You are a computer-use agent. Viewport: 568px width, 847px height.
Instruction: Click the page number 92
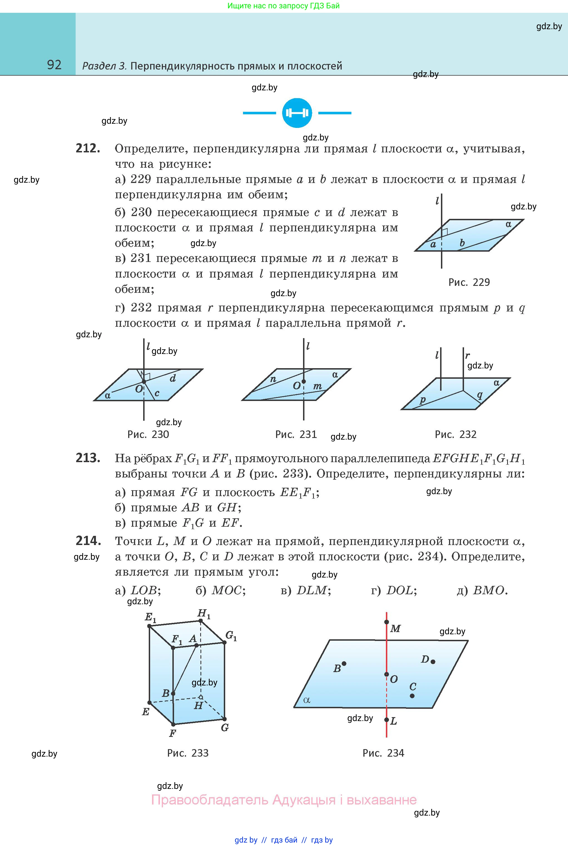[54, 65]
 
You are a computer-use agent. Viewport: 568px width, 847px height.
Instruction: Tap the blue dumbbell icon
[297, 113]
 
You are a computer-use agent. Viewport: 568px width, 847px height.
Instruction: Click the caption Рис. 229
[469, 282]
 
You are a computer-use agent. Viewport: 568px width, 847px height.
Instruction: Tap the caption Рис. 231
[296, 434]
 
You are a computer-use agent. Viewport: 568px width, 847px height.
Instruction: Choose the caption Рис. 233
[188, 753]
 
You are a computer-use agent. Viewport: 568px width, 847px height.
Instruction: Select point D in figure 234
[433, 662]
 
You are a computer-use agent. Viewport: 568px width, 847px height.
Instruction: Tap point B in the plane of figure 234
[344, 664]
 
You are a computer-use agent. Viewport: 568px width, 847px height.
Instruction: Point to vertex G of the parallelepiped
[225, 719]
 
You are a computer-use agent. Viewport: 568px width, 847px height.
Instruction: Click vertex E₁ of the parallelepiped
[150, 626]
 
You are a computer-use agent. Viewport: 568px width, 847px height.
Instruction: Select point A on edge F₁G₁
[196, 645]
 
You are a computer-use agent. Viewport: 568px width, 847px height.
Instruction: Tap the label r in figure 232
[468, 355]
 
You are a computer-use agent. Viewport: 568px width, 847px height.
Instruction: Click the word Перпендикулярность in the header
[182, 66]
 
